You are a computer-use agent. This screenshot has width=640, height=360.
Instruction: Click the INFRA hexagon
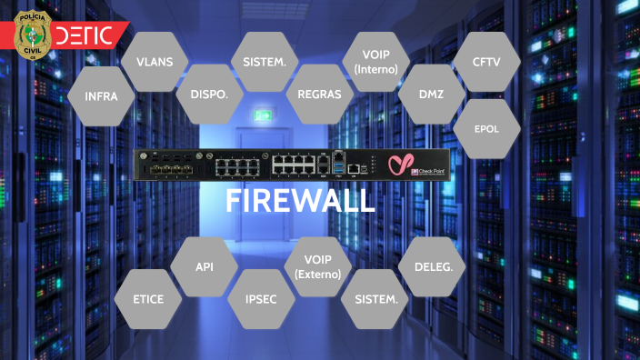101,95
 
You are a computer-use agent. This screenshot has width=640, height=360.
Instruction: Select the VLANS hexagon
155,62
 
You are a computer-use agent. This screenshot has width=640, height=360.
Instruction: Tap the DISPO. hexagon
208,95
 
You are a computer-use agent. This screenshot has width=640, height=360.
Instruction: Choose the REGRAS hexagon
319,95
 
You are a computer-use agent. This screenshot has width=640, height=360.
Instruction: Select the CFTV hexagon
486,62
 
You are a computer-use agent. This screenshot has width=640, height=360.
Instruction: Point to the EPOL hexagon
486,129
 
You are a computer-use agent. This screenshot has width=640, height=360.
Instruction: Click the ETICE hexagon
148,299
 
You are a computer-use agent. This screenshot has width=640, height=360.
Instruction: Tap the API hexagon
204,266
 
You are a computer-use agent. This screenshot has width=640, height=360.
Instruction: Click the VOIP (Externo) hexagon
317,266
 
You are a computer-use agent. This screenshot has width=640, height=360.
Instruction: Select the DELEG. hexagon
432,266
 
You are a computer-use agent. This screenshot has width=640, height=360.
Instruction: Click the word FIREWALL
300,200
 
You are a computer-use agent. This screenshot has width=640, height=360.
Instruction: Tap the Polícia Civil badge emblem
34,35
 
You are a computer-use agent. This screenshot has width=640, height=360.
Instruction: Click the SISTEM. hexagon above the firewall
265,62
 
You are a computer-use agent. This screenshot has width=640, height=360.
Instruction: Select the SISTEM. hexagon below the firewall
375,299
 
